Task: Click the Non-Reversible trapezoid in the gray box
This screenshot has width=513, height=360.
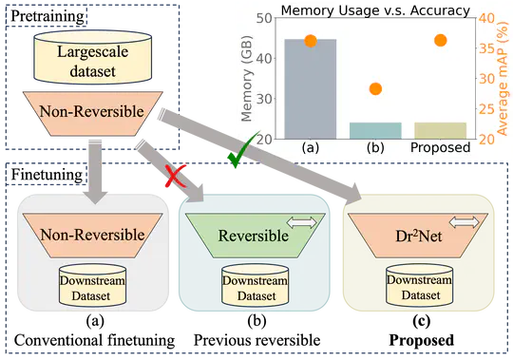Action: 92,234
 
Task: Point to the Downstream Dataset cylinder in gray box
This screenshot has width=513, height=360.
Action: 92,288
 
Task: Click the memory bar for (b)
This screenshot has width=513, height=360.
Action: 375,130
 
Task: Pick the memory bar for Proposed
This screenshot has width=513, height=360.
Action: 440,130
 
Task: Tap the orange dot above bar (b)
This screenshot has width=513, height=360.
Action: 375,89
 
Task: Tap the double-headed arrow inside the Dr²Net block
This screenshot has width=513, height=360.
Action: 463,221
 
